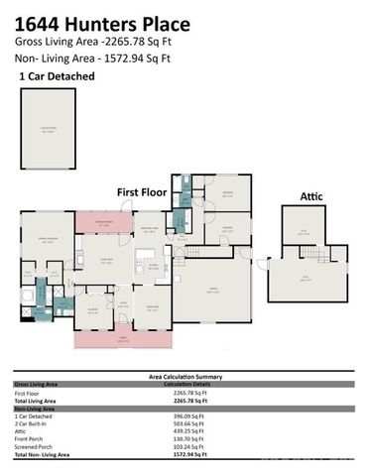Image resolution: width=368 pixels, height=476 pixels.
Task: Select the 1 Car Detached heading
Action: pyautogui.click(x=58, y=75)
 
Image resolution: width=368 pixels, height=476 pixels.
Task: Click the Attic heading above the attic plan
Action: pyautogui.click(x=311, y=196)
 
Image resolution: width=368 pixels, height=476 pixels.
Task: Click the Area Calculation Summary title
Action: pyautogui.click(x=184, y=377)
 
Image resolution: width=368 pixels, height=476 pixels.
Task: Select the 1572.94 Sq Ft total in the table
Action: pyautogui.click(x=183, y=453)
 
